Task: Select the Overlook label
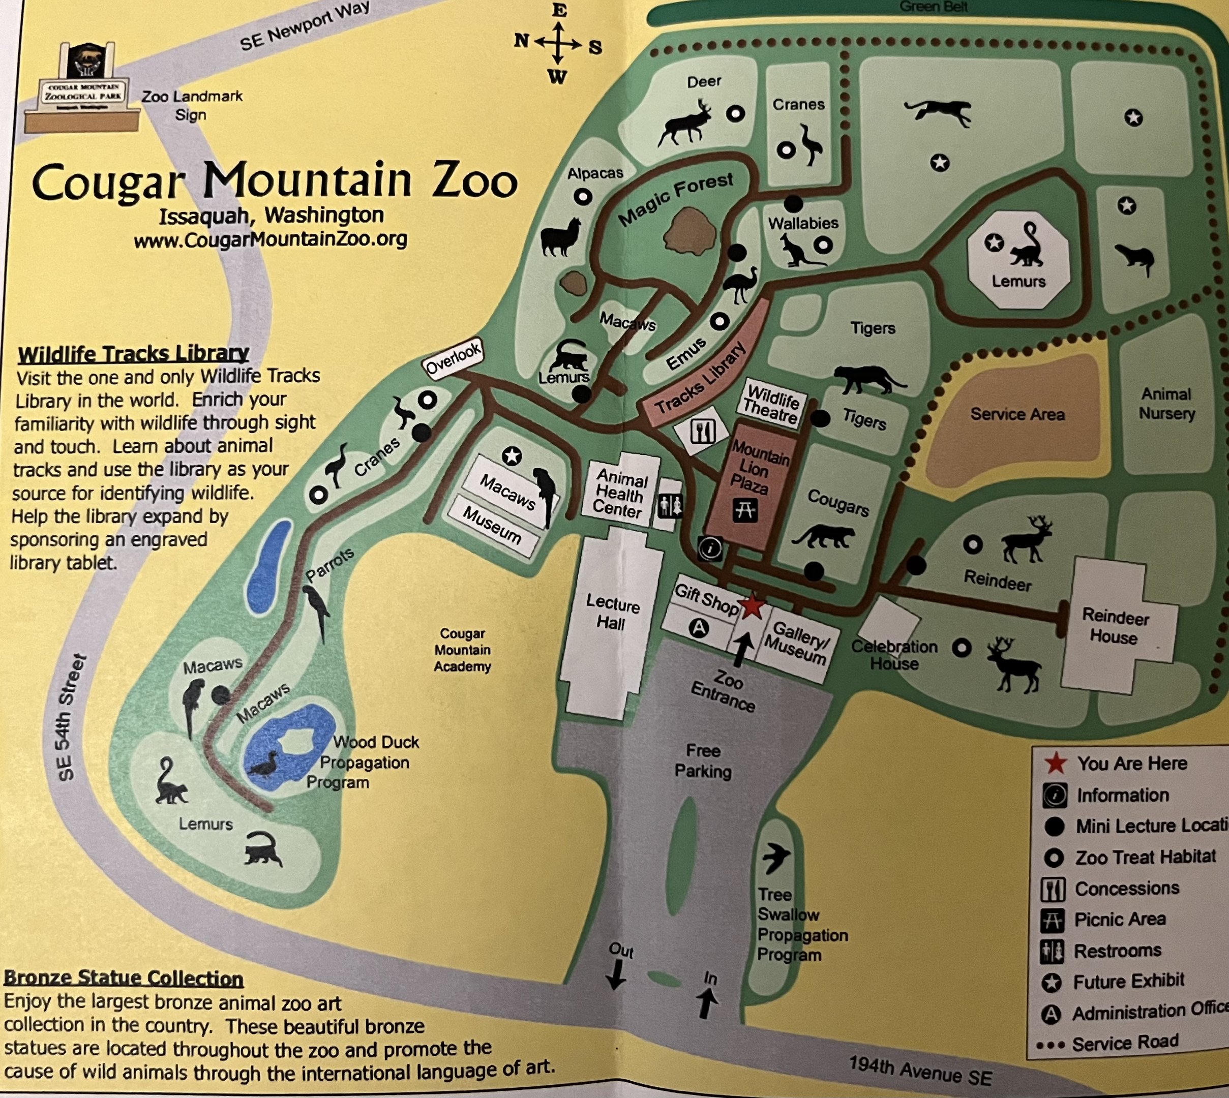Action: coord(453,358)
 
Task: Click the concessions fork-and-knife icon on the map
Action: coord(703,431)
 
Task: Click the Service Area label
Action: coord(1017,414)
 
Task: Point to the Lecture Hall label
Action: coord(612,613)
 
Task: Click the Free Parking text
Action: coord(703,761)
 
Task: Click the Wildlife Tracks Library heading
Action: coord(133,353)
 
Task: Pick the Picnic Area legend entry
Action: coord(1119,920)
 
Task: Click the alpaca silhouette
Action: coord(561,236)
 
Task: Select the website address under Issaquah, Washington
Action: coord(271,239)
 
